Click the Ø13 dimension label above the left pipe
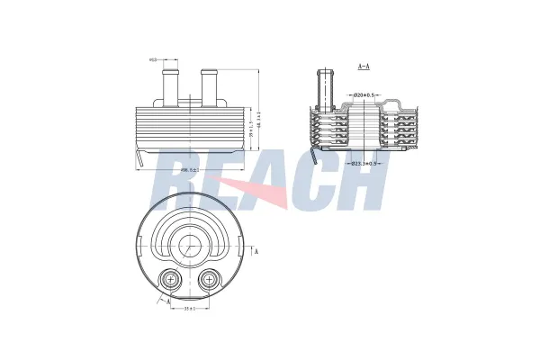(x=154, y=60)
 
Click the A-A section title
(x=364, y=67)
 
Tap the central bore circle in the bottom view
(x=189, y=247)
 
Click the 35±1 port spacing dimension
(x=189, y=310)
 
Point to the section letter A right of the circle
(x=258, y=251)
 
